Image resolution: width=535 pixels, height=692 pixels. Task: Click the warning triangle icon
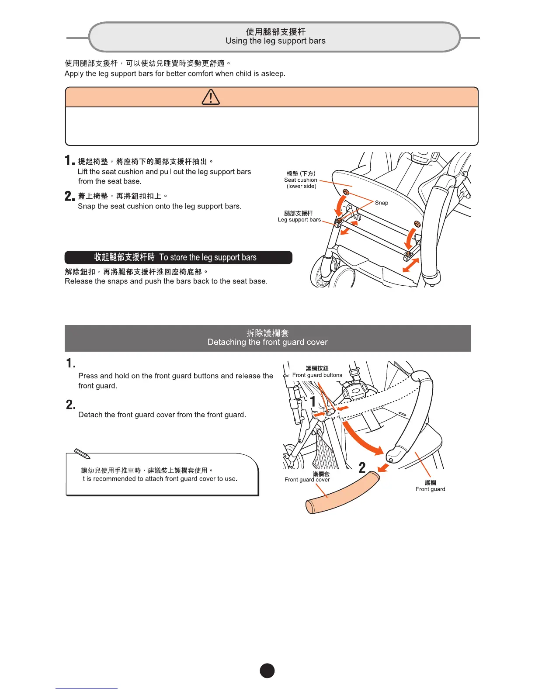(211, 97)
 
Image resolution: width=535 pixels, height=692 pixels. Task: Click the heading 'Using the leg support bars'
(275, 41)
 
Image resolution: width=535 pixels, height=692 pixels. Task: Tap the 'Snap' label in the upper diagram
(381, 203)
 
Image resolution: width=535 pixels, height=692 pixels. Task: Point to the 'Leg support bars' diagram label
(299, 220)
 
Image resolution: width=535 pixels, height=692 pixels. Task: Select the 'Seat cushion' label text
(301, 180)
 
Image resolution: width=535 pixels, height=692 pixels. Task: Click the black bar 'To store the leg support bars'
(178, 257)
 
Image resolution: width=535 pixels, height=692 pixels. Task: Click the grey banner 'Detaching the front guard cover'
(267, 338)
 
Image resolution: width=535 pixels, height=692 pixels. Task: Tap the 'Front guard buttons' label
(317, 375)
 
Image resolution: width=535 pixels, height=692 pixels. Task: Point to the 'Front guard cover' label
(307, 480)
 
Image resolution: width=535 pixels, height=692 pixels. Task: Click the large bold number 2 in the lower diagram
(362, 468)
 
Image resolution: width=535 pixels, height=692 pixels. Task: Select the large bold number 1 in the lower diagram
(313, 401)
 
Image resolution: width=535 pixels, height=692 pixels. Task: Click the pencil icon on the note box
(82, 453)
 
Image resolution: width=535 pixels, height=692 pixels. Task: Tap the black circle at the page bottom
(267, 671)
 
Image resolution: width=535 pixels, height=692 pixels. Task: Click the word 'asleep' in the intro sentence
(272, 73)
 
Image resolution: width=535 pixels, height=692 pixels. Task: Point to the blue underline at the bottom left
(87, 688)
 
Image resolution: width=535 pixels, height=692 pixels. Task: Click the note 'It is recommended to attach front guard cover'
(159, 479)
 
